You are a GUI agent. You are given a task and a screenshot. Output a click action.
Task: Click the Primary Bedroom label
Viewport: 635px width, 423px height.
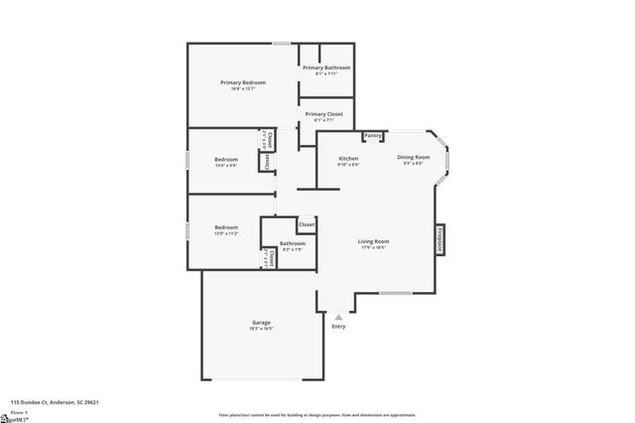[243, 82]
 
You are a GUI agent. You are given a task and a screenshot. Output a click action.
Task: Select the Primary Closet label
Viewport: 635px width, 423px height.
[323, 114]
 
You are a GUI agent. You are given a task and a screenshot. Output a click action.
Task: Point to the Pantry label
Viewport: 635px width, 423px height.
[373, 136]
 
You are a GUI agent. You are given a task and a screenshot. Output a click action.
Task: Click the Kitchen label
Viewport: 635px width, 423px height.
[348, 159]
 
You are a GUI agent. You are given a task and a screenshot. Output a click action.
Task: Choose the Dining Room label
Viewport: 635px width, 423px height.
[413, 157]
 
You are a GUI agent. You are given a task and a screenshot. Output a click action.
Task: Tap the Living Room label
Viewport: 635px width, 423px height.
[373, 241]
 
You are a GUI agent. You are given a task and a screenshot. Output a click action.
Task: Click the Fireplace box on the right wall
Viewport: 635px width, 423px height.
[440, 239]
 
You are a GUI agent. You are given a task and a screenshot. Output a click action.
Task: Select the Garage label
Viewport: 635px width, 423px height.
[261, 322]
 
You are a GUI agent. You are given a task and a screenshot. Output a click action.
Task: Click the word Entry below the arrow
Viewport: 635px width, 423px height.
[338, 326]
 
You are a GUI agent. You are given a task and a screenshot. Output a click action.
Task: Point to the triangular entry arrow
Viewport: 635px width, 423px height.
[338, 317]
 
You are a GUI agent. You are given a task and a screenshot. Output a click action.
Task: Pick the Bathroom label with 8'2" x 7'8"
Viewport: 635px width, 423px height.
[293, 243]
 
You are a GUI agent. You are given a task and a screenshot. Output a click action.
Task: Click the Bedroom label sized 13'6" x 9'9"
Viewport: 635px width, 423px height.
[225, 159]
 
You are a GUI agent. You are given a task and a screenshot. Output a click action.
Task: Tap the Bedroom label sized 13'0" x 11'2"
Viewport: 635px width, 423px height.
[225, 228]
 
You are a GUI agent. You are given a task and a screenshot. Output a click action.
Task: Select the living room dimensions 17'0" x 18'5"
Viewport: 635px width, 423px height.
[373, 247]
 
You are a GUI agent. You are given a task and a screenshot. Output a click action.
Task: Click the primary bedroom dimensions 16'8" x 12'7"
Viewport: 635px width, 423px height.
[243, 88]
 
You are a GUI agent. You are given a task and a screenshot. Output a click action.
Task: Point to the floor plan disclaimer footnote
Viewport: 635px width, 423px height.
[317, 415]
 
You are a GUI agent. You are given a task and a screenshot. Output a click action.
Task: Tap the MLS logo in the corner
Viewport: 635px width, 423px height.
[14, 418]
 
